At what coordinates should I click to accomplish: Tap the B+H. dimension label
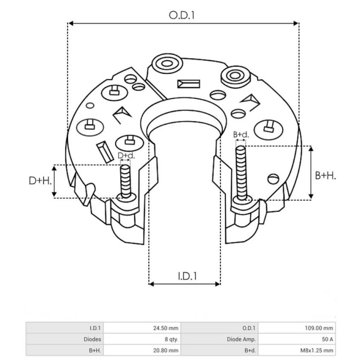(x=325, y=176)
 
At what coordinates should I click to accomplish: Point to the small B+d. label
(x=241, y=135)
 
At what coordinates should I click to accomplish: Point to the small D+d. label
(x=126, y=156)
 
